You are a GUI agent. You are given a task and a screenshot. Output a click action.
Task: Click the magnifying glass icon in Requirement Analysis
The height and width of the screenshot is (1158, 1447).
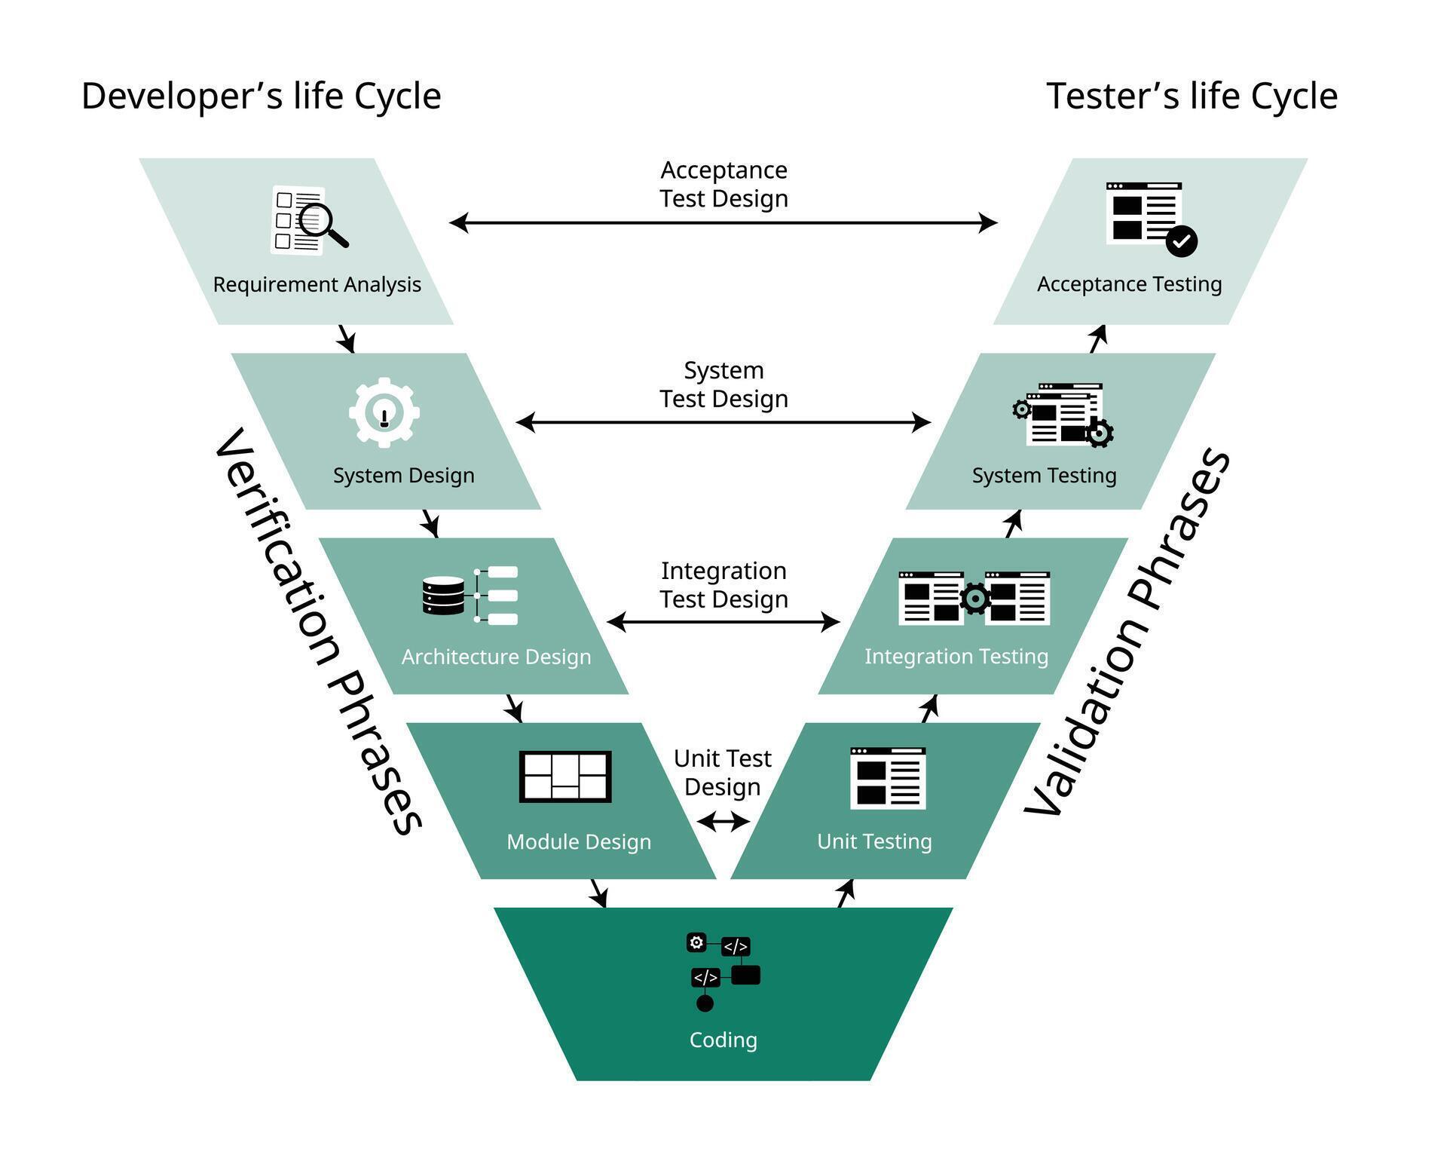point(323,223)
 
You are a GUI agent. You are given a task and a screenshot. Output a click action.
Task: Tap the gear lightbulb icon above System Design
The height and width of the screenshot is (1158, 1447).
point(384,413)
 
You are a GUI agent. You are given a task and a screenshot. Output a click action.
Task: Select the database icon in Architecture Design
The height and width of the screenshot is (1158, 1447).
point(444,596)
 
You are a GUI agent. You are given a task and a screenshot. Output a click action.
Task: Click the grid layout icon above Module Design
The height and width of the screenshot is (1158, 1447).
point(565,777)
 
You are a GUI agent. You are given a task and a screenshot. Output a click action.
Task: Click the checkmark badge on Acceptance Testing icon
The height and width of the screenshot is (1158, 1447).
point(1181,241)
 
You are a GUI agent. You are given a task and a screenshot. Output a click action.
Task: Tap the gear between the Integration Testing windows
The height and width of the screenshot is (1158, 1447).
point(974,599)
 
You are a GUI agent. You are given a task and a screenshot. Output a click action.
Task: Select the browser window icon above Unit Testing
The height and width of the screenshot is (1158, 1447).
point(888,778)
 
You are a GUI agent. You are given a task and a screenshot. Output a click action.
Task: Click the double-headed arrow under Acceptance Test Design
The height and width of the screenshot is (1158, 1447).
point(723,222)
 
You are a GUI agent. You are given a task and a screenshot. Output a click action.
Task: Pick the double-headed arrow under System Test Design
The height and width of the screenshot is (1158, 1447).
point(723,422)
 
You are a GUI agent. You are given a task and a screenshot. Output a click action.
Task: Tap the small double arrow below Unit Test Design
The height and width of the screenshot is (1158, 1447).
point(723,821)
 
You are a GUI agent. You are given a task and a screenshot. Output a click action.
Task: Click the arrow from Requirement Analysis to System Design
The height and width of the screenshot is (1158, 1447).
point(347,339)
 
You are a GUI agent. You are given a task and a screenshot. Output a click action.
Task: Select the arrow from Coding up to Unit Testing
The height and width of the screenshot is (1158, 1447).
point(846,893)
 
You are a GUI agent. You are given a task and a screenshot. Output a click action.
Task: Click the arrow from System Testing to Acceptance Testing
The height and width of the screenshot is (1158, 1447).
point(1098,339)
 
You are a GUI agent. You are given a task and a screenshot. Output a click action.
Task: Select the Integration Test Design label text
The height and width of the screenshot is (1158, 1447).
point(723,585)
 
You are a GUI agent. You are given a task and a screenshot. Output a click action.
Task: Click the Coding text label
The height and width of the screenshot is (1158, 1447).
point(723,1040)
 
